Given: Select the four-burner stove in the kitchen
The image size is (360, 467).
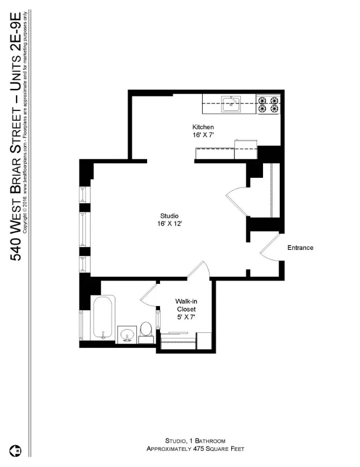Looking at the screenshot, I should [268, 104].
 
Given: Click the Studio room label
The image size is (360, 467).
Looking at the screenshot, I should [169, 216].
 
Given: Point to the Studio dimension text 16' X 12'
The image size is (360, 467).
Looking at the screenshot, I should [169, 224].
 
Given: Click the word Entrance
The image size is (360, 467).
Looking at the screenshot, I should [300, 248].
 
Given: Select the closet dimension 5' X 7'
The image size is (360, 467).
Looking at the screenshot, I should [186, 317].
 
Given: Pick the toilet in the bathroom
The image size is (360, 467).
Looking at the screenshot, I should [146, 330].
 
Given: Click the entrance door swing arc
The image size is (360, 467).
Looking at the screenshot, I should [269, 248].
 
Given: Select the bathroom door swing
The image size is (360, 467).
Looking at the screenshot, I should [148, 295].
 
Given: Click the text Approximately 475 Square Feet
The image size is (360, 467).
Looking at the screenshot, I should [195, 449].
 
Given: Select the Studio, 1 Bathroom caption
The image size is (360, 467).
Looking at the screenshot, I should [195, 441].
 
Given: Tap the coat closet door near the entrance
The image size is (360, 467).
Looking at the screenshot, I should [235, 199].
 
